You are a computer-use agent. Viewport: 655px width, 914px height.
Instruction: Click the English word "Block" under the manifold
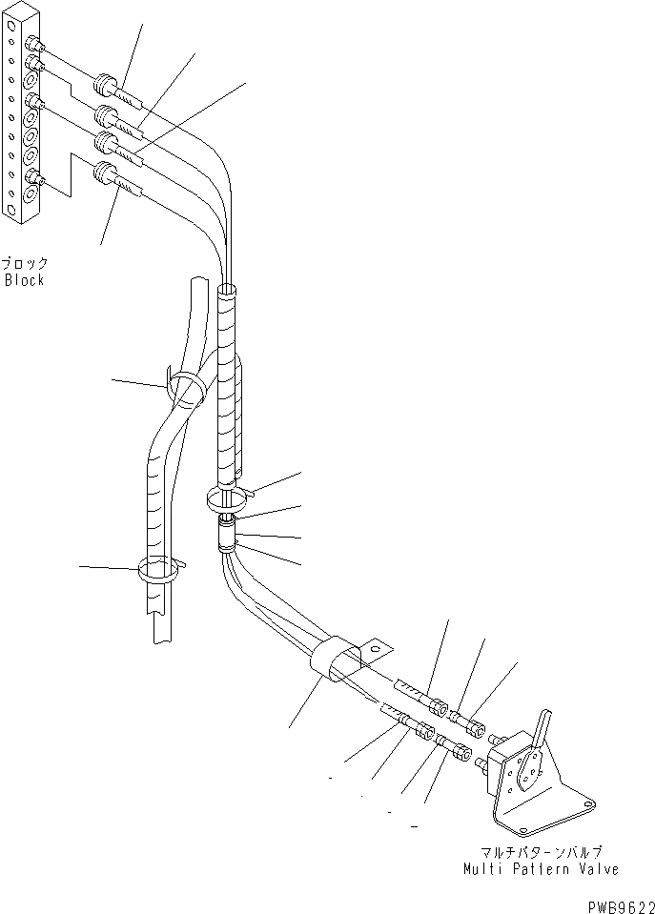(25, 280)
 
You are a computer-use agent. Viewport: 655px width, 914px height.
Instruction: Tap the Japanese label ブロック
(25, 264)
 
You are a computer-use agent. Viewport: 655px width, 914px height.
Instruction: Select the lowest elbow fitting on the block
(35, 176)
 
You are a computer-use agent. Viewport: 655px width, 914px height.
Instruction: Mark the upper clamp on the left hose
(187, 389)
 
